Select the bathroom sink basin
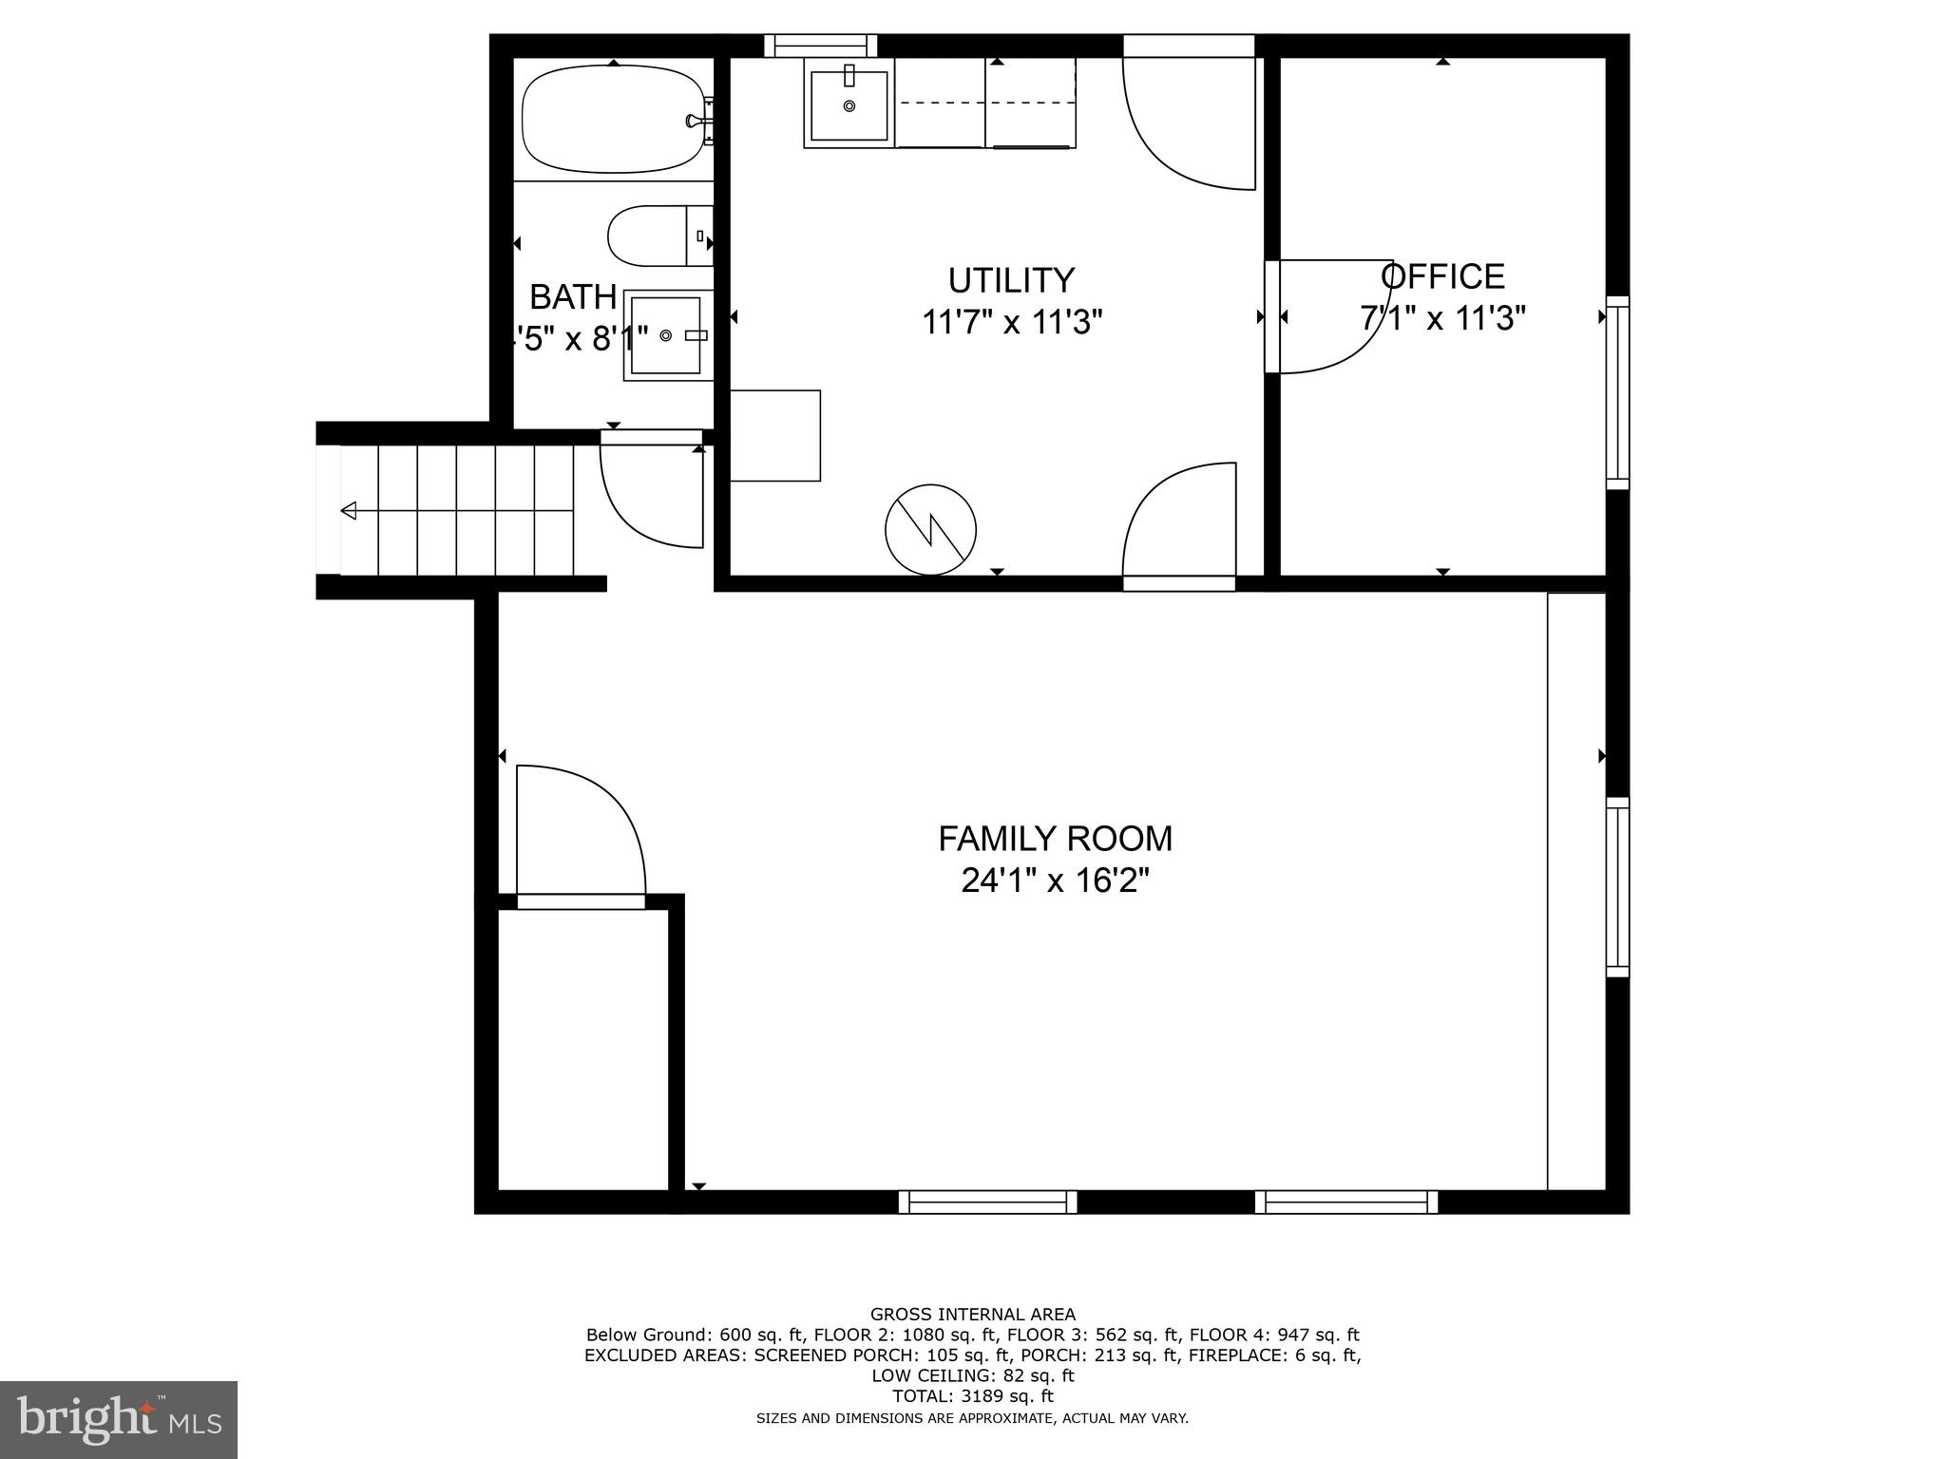(x=666, y=335)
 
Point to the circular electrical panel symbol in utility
(x=930, y=530)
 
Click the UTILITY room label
(x=1011, y=280)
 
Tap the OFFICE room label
(x=1442, y=276)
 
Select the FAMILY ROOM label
(x=1055, y=839)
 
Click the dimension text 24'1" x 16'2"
(x=1055, y=881)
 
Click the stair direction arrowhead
(x=349, y=511)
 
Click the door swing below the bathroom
(x=652, y=494)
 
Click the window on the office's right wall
(x=1617, y=392)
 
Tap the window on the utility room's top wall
(x=821, y=46)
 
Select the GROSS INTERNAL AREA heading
(x=973, y=1315)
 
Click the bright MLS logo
(x=119, y=1420)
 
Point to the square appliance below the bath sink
(x=774, y=435)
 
